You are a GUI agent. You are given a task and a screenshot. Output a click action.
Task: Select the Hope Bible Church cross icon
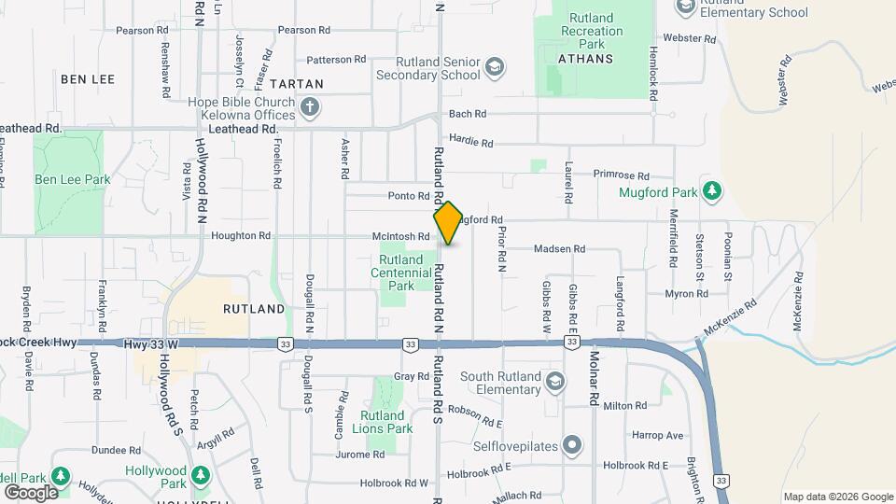click(311, 108)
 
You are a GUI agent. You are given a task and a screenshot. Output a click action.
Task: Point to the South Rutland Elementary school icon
click(555, 382)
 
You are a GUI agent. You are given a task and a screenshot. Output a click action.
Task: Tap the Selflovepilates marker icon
click(572, 443)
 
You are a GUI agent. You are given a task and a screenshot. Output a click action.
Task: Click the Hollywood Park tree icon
click(200, 476)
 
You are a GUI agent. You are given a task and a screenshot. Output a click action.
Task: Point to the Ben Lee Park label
click(73, 179)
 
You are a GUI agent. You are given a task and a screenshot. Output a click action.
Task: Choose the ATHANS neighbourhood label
click(586, 58)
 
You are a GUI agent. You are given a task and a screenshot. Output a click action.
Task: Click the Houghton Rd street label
click(241, 236)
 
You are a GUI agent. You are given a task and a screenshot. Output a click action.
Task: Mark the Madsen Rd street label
click(559, 249)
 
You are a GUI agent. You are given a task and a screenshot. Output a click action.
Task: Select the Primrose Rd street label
click(621, 175)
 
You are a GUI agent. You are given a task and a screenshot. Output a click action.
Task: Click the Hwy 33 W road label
click(151, 344)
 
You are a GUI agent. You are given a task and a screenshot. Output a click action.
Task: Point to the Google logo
click(31, 492)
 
